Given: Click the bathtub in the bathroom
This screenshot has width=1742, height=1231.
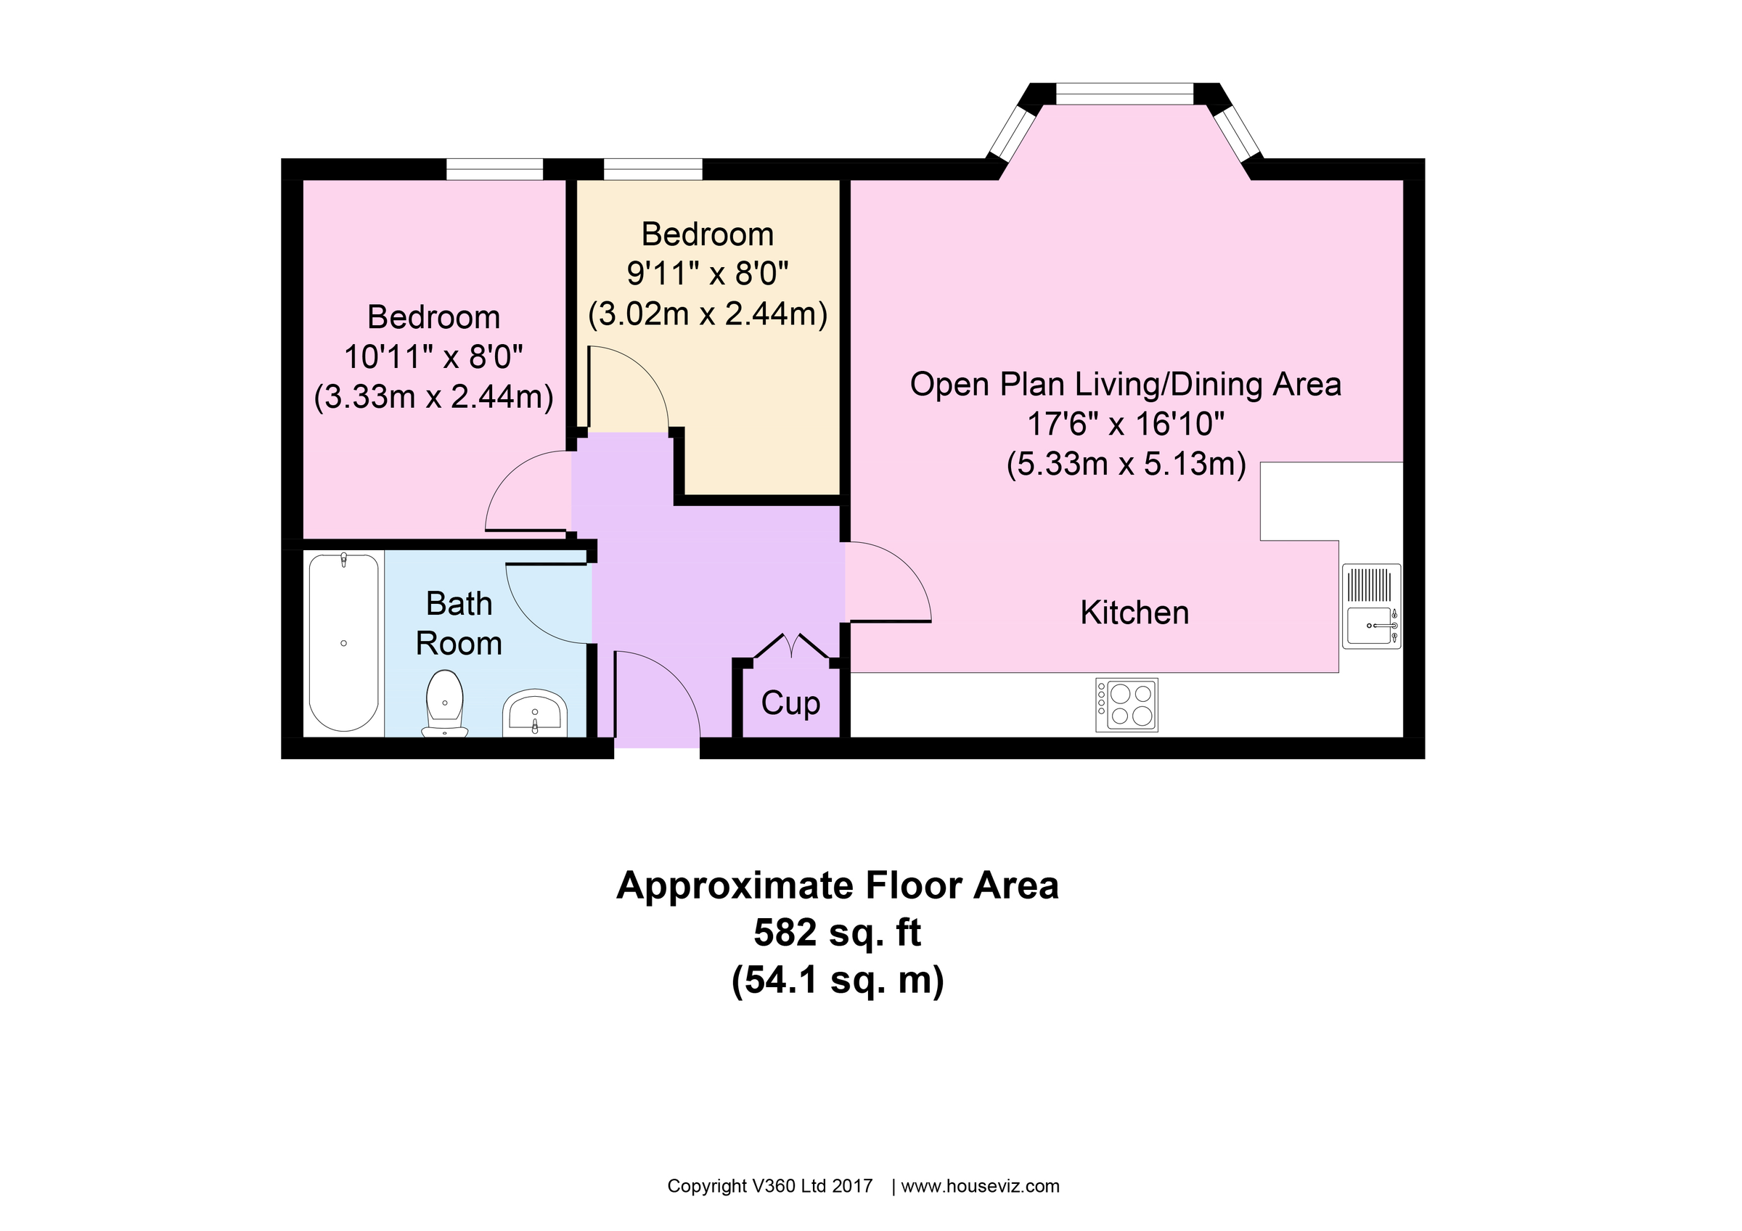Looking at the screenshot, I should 344,642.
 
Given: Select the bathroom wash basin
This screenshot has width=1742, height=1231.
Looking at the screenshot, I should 535,713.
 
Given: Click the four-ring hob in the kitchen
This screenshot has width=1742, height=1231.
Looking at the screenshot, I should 1126,705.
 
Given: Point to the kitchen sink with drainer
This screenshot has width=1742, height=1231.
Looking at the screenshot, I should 1371,606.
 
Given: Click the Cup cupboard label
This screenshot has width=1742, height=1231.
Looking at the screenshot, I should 790,703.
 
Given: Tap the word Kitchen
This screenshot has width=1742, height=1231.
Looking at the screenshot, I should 1134,613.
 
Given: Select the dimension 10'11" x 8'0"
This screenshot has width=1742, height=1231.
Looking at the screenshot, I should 433,356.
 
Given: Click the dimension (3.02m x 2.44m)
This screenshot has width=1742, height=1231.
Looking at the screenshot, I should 707,314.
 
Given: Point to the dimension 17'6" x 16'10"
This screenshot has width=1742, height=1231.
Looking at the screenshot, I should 1125,424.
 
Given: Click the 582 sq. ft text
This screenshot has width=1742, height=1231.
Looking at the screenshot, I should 837,932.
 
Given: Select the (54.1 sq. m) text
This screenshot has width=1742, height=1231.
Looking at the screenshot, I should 837,980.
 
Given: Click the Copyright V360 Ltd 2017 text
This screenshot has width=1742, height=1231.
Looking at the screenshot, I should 769,1186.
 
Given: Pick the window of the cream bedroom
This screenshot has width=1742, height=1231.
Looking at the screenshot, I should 653,168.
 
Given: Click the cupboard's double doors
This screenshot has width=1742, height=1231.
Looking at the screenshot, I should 791,646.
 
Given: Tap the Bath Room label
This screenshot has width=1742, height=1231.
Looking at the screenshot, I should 458,623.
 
